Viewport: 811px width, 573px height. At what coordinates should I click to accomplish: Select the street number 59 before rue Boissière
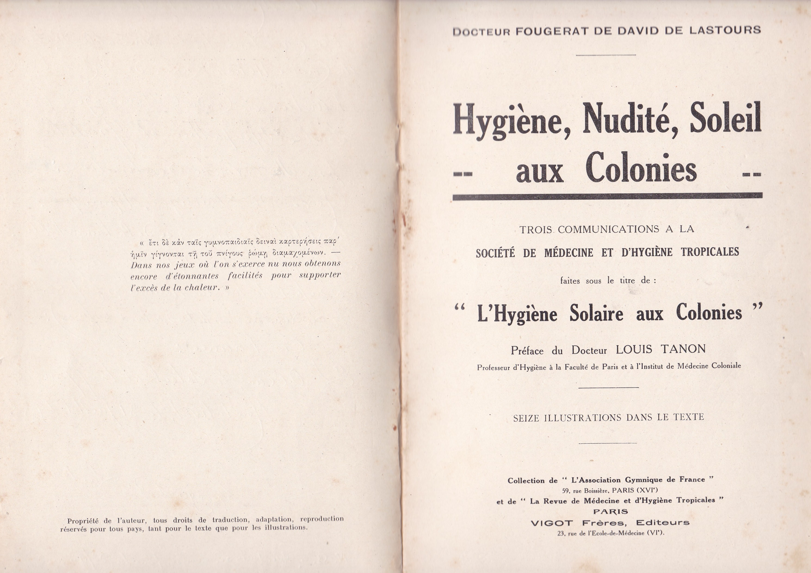click(565, 491)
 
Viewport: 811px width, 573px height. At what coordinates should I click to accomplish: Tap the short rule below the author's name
click(606, 55)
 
